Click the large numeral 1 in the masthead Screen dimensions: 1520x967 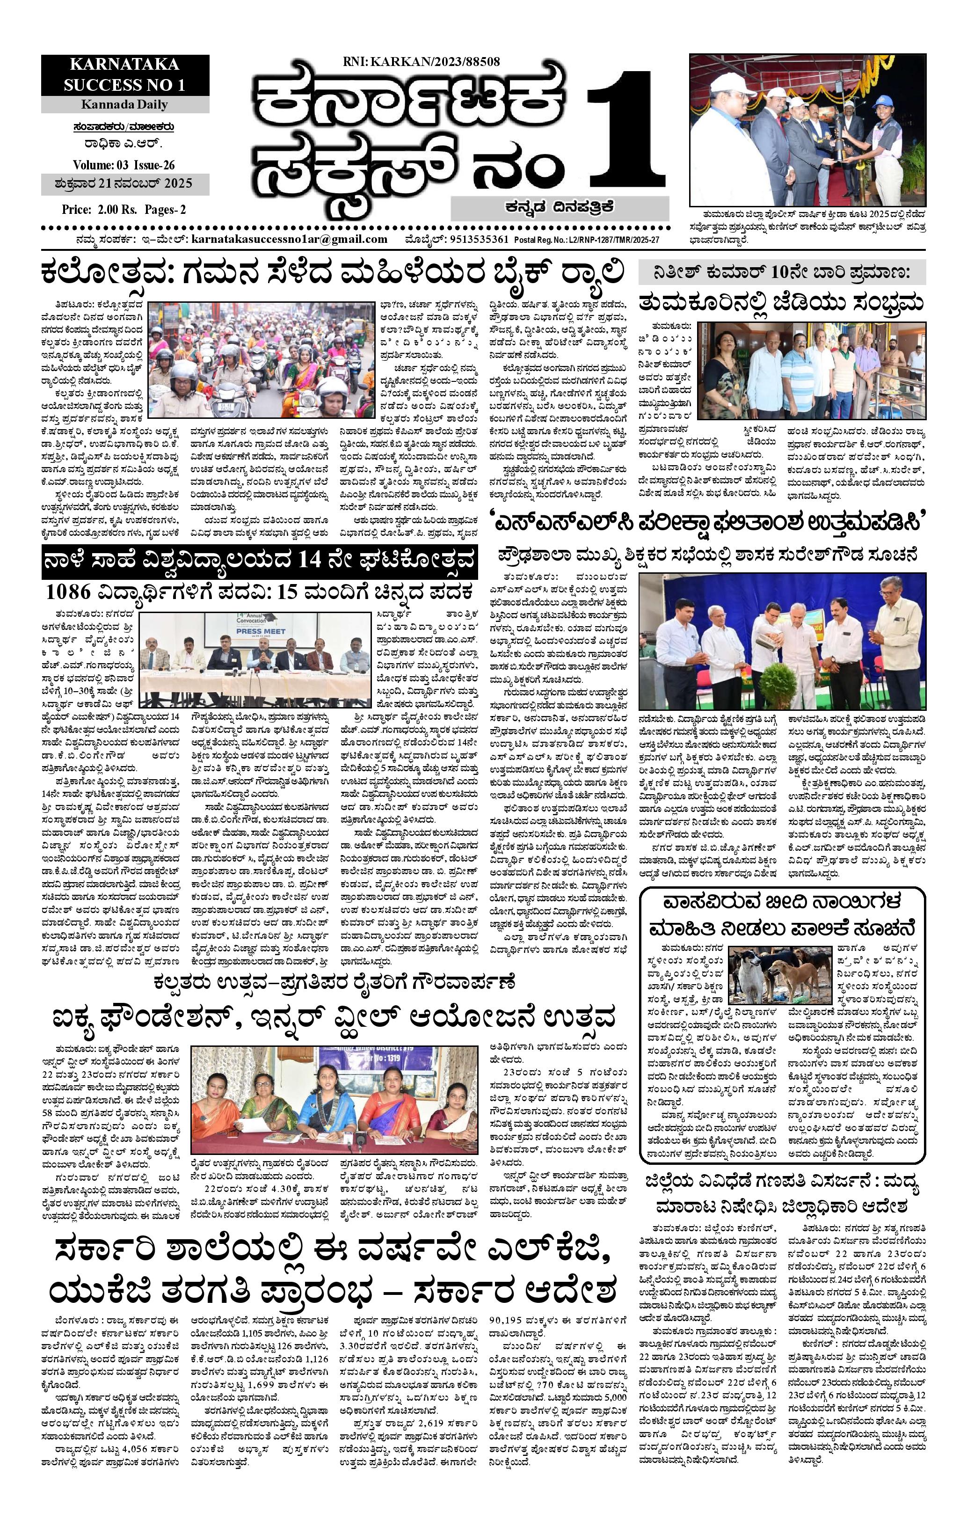tap(625, 132)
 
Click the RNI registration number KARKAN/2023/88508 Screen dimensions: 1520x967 tap(422, 62)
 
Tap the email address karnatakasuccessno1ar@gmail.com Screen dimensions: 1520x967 tap(289, 239)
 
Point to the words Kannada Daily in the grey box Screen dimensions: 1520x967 tap(124, 105)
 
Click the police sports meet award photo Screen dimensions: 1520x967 tap(807, 130)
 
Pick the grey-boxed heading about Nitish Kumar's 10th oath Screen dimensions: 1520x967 tap(781, 273)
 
